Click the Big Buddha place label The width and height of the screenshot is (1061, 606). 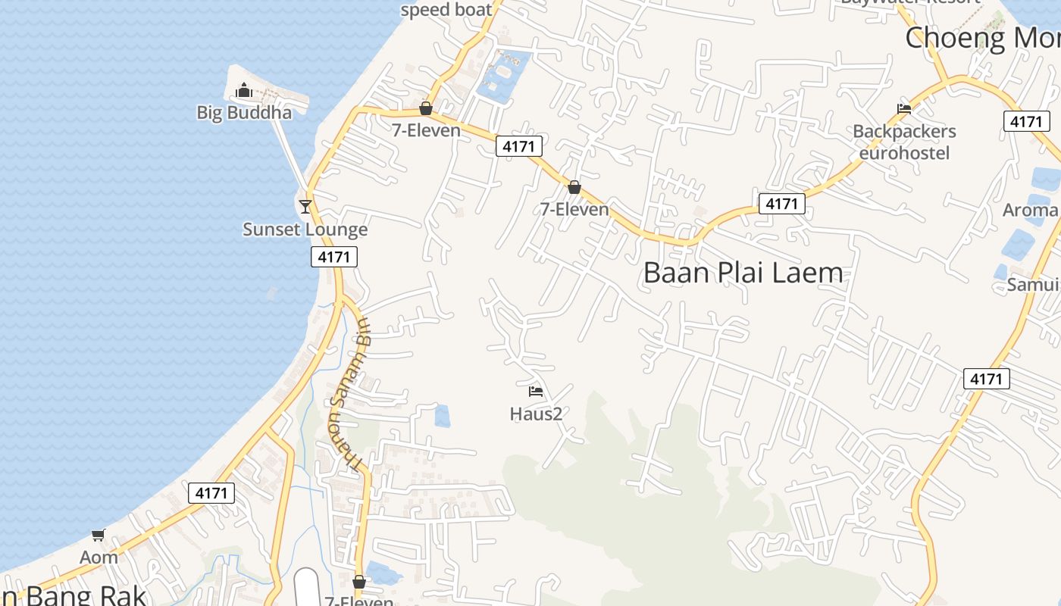244,113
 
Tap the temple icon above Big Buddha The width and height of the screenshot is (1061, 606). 243,92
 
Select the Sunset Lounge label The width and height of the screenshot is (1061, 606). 305,230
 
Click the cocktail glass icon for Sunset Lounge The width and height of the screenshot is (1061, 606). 305,206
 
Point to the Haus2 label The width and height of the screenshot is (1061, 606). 536,414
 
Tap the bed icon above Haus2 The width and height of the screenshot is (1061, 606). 536,392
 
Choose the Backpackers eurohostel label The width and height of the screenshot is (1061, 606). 904,142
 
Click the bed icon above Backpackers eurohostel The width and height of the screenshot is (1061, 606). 903,108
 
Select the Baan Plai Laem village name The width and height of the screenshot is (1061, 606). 743,273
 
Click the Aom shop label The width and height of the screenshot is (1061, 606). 99,558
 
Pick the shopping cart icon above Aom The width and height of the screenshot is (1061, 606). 98,536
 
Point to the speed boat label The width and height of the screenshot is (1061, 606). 446,10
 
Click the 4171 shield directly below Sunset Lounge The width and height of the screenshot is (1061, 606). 334,257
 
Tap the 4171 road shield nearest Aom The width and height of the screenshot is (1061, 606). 211,493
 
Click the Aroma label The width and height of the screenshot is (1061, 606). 1030,210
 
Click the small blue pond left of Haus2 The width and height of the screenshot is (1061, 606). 442,416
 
